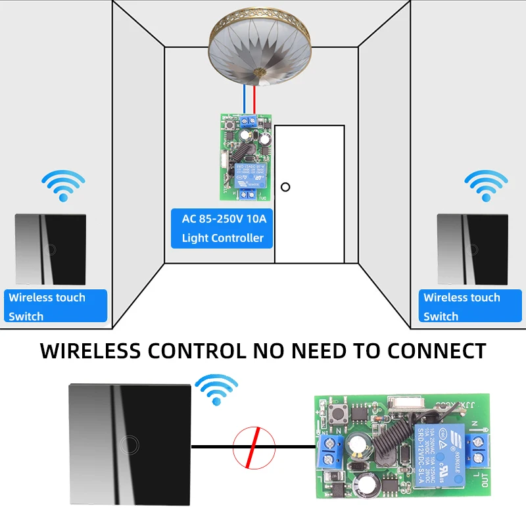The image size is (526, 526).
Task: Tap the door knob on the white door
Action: click(x=285, y=187)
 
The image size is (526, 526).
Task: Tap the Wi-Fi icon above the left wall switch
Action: click(x=63, y=186)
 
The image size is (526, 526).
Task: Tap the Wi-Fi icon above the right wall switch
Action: click(x=486, y=186)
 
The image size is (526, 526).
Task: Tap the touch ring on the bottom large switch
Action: click(x=129, y=446)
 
